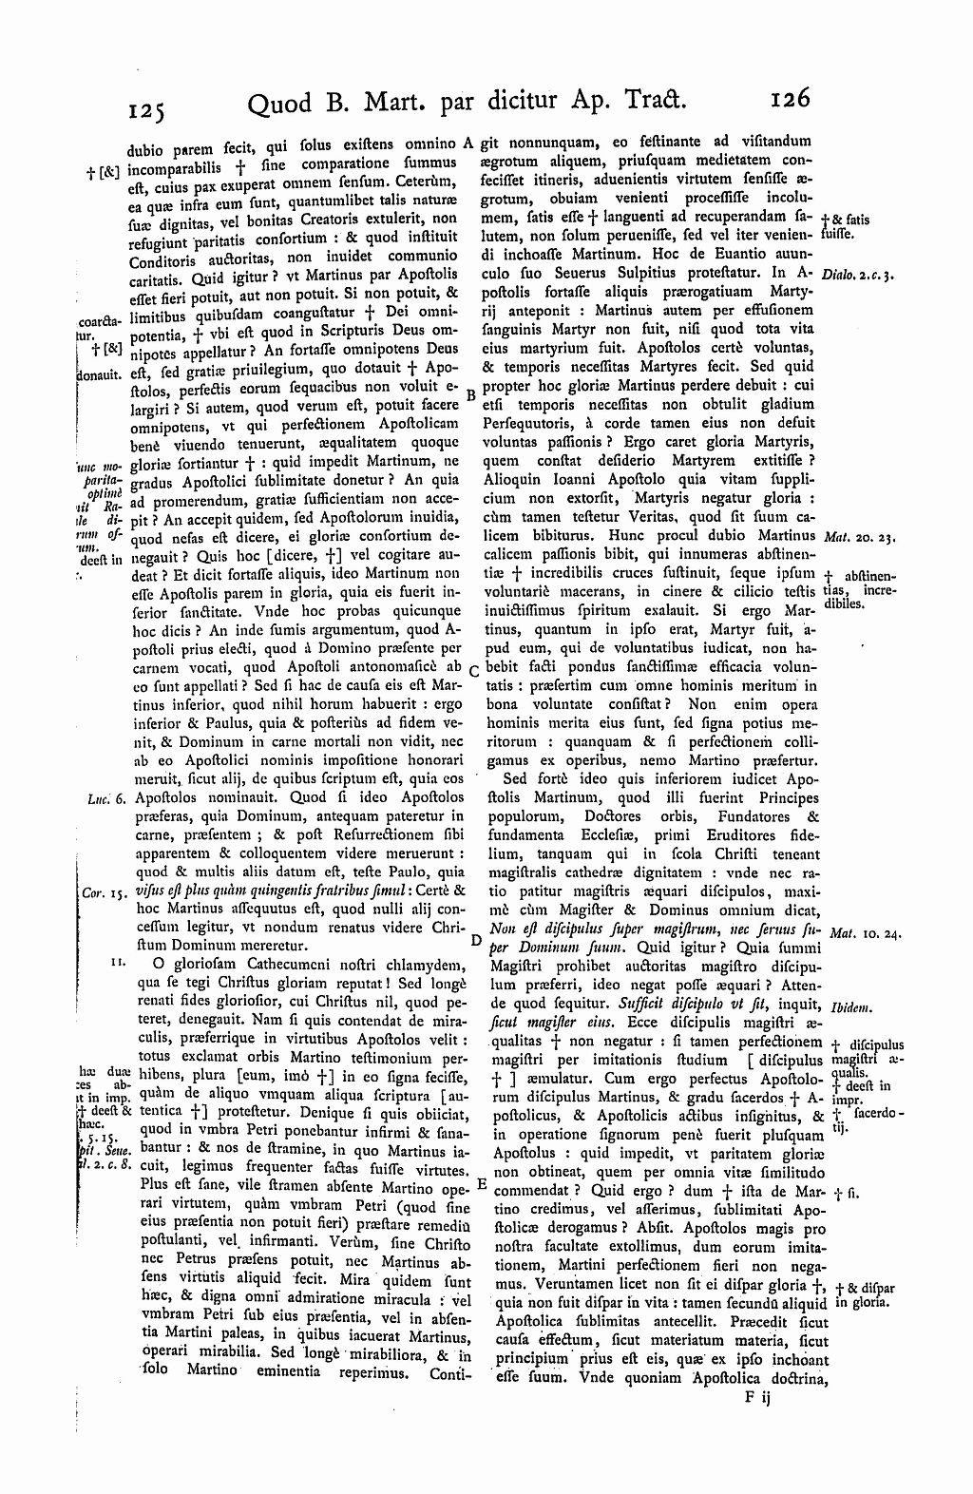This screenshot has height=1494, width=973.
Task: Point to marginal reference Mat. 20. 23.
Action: click(x=859, y=536)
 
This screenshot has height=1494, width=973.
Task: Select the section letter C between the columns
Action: click(x=472, y=671)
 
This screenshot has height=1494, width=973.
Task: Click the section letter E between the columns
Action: click(x=480, y=1185)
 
